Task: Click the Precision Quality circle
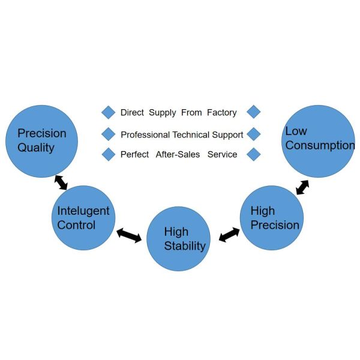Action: click(x=41, y=142)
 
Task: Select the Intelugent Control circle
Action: click(x=83, y=218)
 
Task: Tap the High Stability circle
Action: click(x=178, y=239)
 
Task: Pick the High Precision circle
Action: click(x=272, y=217)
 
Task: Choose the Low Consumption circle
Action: click(x=318, y=142)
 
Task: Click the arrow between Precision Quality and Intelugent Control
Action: click(x=61, y=182)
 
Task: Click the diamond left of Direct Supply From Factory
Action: click(x=108, y=112)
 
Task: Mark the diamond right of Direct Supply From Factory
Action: click(x=254, y=112)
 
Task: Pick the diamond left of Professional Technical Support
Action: click(x=108, y=134)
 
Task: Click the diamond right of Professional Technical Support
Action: click(x=254, y=134)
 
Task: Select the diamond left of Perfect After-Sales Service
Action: click(x=108, y=154)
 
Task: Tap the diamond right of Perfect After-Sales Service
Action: click(x=254, y=154)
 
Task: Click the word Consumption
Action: click(x=320, y=145)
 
